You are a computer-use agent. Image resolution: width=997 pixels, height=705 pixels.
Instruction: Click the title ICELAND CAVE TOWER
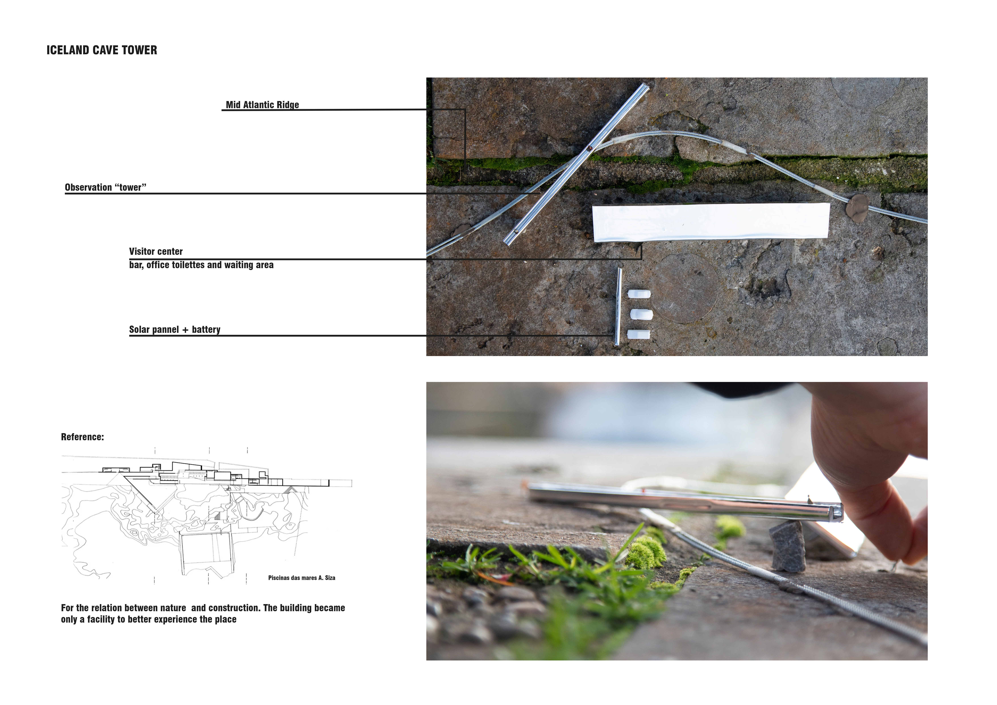coord(102,50)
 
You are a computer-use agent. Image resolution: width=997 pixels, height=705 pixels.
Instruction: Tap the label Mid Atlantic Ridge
coord(262,105)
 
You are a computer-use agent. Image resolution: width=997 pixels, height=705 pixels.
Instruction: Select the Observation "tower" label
coord(106,187)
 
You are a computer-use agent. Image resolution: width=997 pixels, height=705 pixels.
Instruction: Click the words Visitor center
coord(156,252)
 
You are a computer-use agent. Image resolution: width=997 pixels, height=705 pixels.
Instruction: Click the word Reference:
coord(83,437)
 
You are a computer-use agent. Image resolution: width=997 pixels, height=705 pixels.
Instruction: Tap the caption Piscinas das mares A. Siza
coord(302,578)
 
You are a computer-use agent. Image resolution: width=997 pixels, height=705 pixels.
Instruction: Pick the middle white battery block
coord(641,314)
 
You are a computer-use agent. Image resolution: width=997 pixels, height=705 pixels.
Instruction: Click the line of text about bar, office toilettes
coord(202,265)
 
